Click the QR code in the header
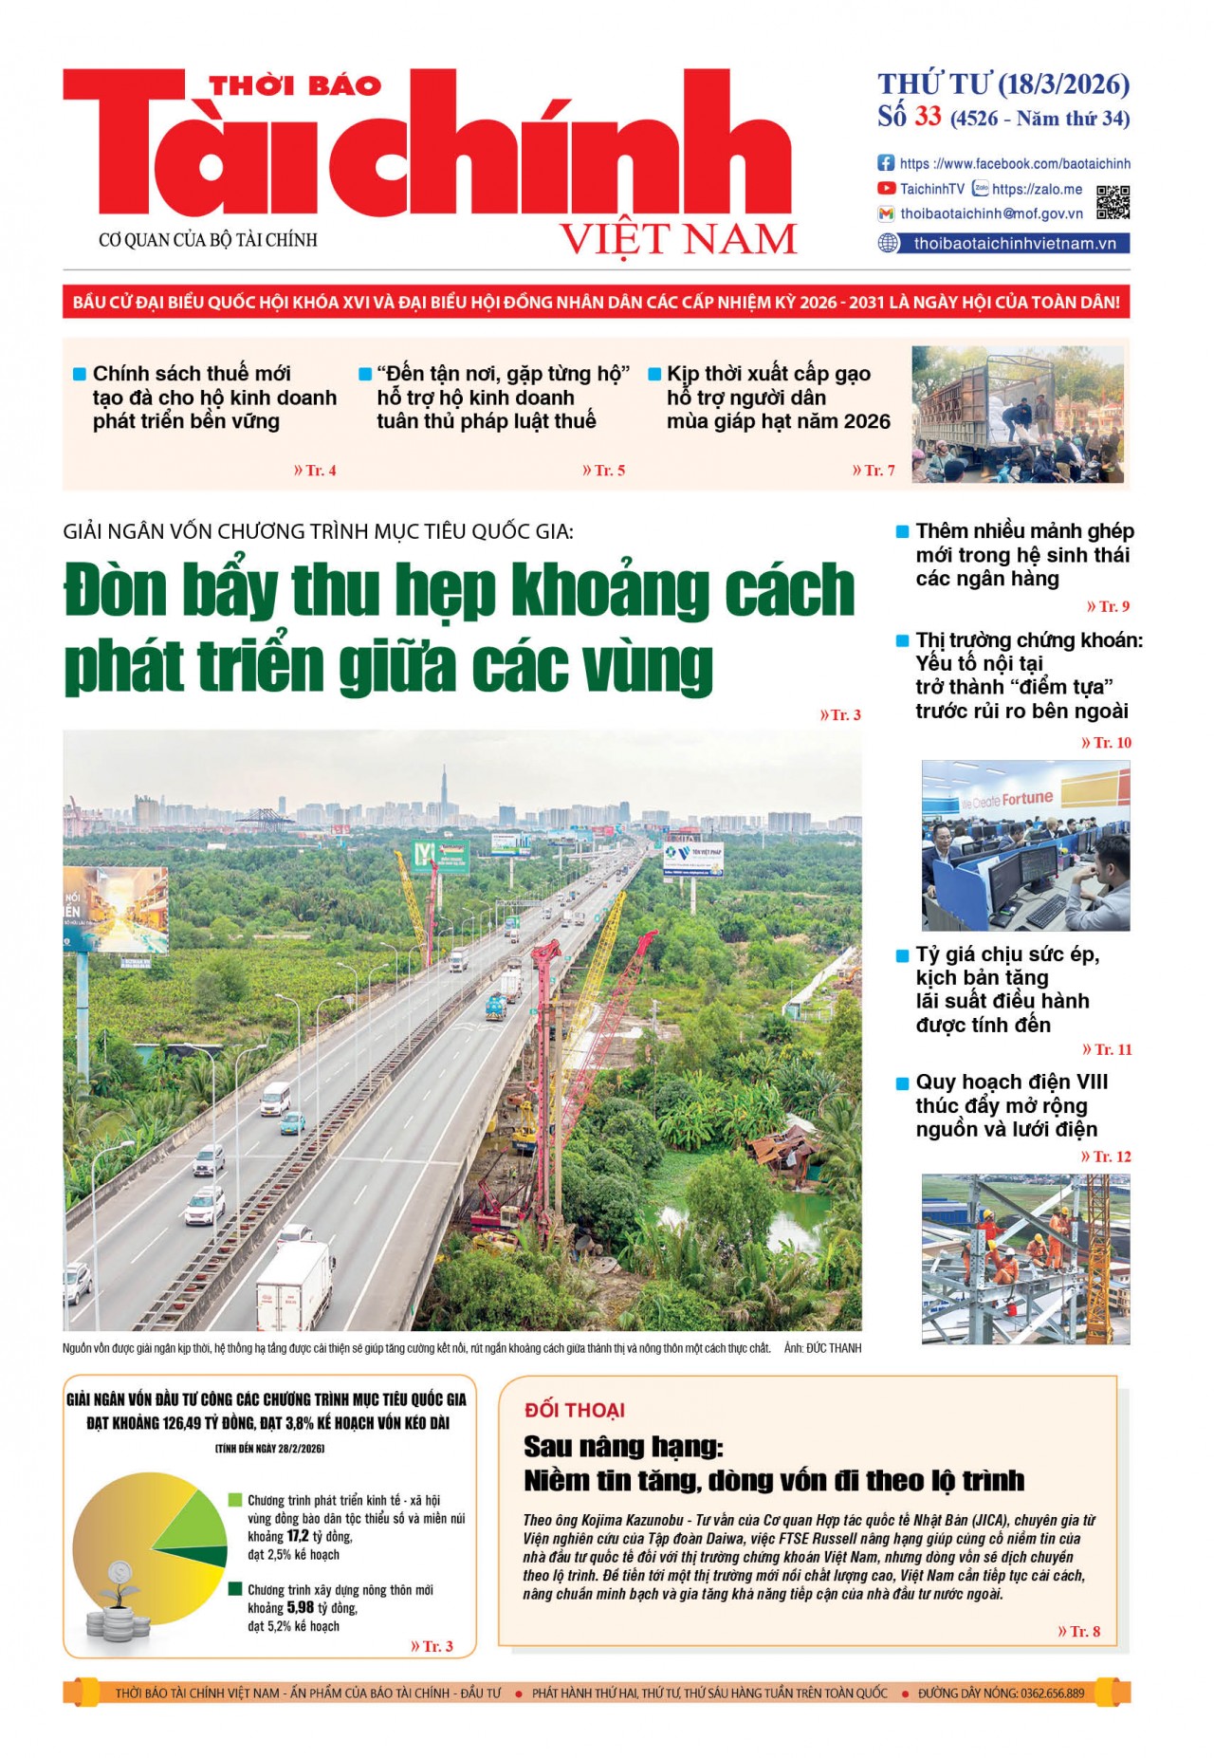click(x=1113, y=202)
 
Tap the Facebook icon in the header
click(x=886, y=163)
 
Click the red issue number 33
click(x=928, y=117)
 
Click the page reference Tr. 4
click(x=316, y=471)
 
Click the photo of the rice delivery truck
click(x=1018, y=414)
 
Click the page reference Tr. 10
click(x=1107, y=743)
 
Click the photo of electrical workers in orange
click(x=1025, y=1258)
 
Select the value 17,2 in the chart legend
click(x=298, y=1536)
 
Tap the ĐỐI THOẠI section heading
click(x=574, y=1410)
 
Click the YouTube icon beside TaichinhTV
click(x=886, y=189)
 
